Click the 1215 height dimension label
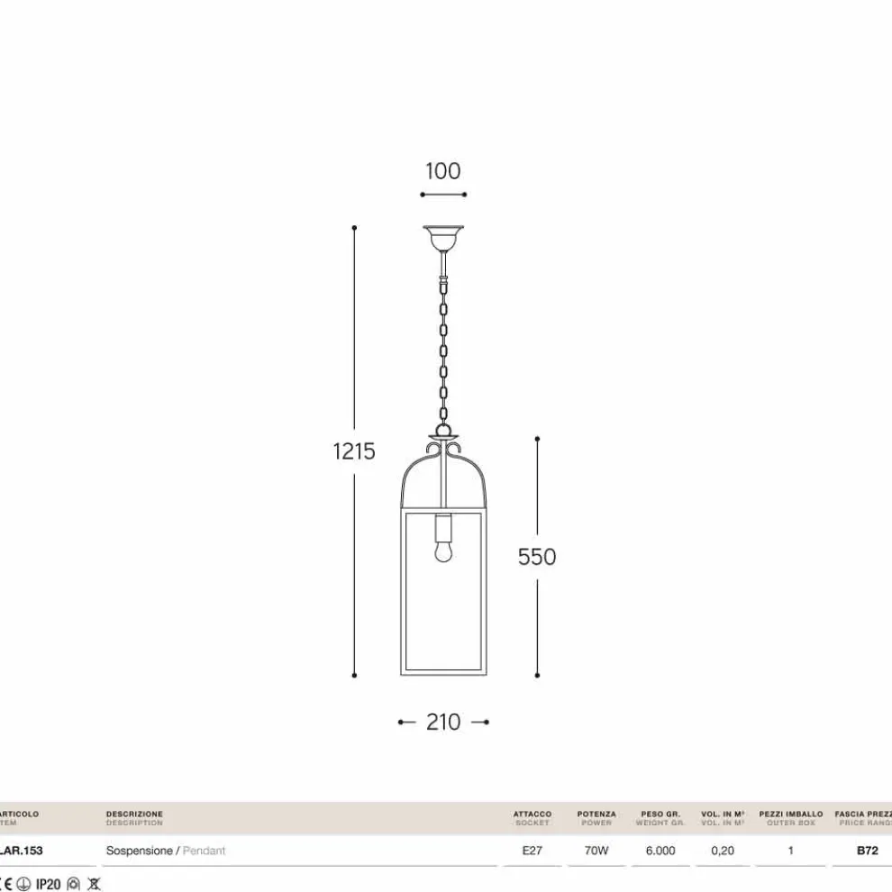coord(354,451)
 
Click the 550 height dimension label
coord(537,557)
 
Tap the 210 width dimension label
coord(443,722)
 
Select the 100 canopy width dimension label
coord(442,171)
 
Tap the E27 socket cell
coord(532,851)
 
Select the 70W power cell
coord(596,851)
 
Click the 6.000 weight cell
coord(660,851)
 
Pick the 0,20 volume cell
coord(723,851)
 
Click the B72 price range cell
coord(867,851)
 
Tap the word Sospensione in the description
coord(139,851)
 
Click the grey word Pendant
coord(204,851)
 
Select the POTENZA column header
coord(596,814)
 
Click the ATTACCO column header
coord(532,814)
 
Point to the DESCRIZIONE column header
coord(134,814)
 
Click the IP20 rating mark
coord(48,884)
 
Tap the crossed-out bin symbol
coord(94,884)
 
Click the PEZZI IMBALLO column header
coord(791,814)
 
